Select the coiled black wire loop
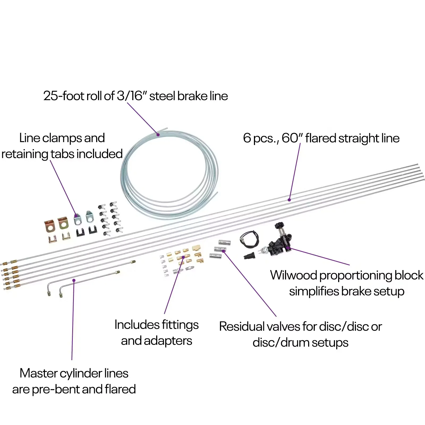249,239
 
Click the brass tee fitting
196,248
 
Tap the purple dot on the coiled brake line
158,135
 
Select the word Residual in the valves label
242,326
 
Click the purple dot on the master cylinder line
74,280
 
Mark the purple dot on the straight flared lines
289,200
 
